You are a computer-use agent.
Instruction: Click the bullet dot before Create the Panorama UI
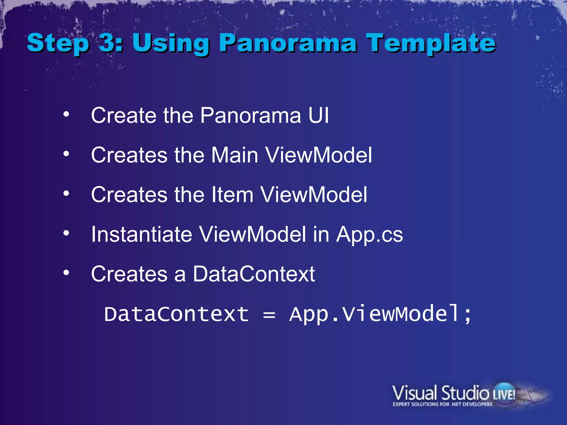66,114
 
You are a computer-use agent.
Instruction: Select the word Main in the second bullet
235,155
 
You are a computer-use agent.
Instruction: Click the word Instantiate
141,234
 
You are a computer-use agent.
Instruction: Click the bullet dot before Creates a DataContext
66,273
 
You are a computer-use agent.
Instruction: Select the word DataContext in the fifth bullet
254,274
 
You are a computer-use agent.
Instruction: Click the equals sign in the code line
269,315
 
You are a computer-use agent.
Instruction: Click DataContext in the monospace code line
176,314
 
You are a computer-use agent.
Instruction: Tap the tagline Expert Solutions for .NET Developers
442,404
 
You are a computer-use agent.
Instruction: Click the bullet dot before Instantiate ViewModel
66,233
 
